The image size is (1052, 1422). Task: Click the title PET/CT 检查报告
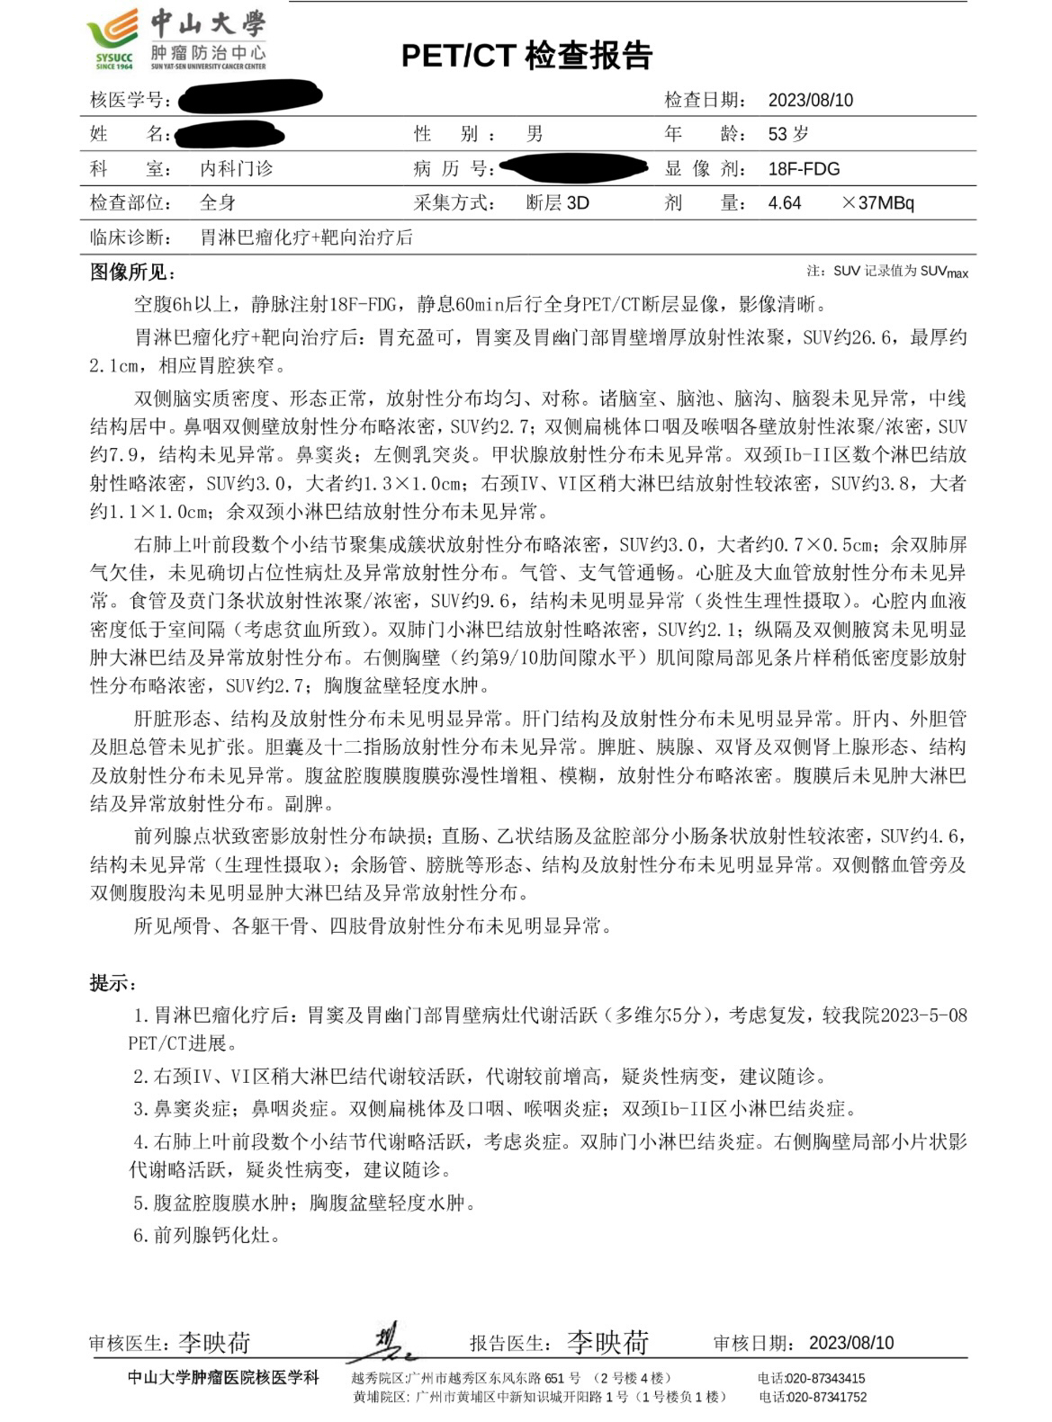tap(526, 56)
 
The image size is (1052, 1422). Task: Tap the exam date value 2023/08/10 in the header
tap(810, 100)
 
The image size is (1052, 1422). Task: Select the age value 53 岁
tap(788, 134)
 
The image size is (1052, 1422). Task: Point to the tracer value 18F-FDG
tap(804, 168)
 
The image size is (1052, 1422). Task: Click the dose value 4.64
tap(785, 202)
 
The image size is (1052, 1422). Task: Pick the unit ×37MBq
tap(877, 202)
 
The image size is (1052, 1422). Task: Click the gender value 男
tap(535, 134)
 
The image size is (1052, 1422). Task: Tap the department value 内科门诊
tap(236, 168)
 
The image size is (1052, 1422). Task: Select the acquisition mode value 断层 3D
tap(557, 202)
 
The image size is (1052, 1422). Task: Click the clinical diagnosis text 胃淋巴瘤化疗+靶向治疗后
tap(306, 237)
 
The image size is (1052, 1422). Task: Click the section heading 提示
tap(112, 982)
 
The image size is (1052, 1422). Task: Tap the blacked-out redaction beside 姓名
tap(230, 135)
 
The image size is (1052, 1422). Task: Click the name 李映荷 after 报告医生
tap(607, 1342)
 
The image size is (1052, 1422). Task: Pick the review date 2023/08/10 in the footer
tap(851, 1343)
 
